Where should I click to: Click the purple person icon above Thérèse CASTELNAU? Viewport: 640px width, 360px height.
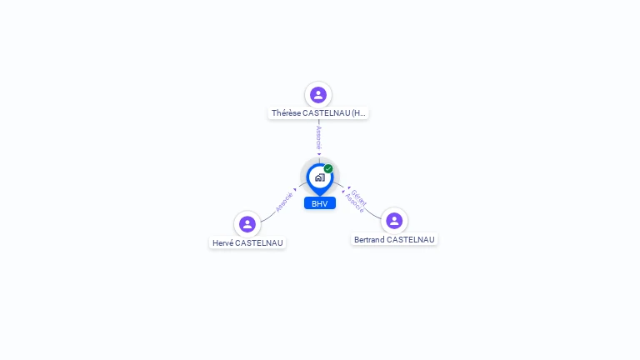tap(318, 95)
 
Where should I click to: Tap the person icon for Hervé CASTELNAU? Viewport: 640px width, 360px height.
tap(247, 224)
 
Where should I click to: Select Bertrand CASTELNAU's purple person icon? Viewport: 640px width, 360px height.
tap(394, 221)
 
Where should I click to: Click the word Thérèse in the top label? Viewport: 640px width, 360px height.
tap(286, 113)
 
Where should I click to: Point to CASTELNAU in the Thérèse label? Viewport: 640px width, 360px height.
tap(327, 113)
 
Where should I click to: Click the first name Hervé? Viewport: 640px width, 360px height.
tap(222, 242)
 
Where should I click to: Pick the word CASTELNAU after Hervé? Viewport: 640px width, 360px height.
tap(259, 242)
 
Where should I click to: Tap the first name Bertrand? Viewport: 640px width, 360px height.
tap(369, 240)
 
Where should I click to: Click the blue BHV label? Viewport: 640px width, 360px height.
tap(320, 203)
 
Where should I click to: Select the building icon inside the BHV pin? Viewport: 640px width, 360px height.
tap(320, 177)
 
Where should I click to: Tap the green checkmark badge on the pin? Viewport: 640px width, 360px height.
tap(328, 168)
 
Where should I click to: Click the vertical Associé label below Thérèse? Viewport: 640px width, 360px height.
tap(319, 138)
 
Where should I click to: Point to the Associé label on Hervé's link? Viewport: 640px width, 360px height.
tap(284, 202)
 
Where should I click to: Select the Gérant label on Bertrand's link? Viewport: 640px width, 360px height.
tap(359, 197)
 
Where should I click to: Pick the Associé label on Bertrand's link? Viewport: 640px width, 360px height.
tap(354, 202)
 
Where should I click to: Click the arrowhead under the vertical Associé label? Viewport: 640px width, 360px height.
tap(319, 154)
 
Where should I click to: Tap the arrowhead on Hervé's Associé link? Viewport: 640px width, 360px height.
tap(295, 189)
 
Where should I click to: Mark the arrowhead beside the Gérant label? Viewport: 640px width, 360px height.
tap(349, 187)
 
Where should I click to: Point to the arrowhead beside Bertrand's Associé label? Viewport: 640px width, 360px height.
tap(343, 192)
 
